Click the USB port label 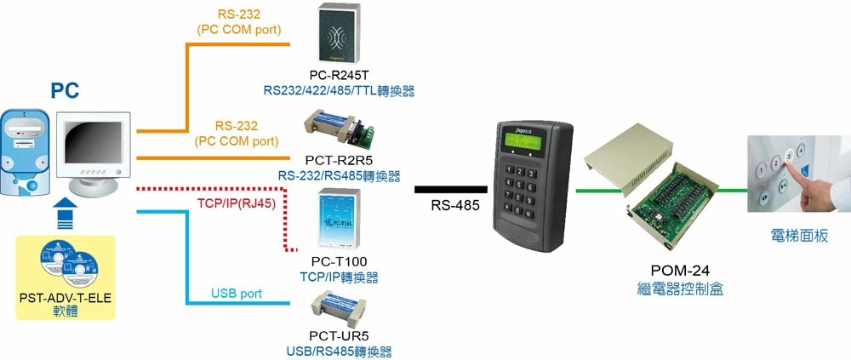pos(237,294)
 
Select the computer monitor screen pos(91,140)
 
